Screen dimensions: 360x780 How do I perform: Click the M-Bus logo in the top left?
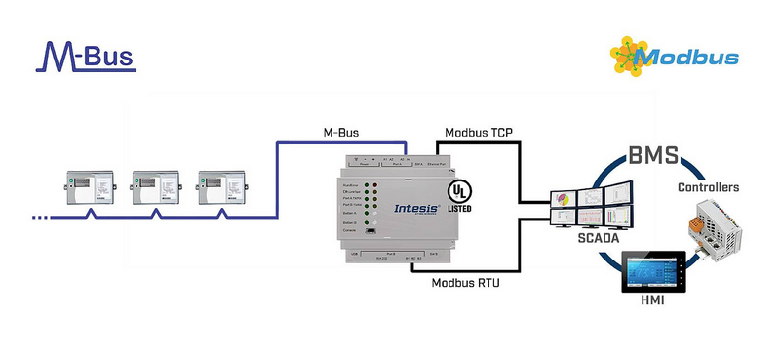tap(85, 57)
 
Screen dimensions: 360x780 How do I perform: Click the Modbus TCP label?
tap(480, 132)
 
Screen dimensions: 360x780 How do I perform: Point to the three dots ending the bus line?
tap(40, 217)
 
